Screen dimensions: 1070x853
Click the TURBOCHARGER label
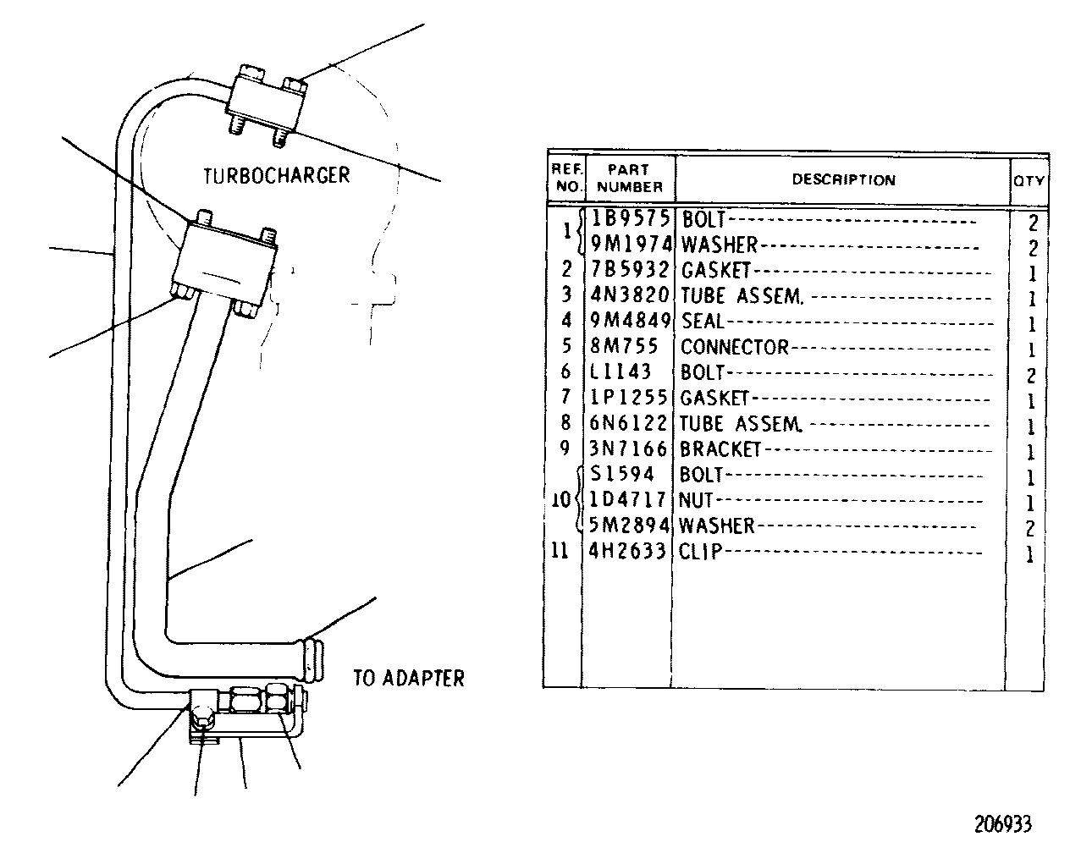pyautogui.click(x=277, y=175)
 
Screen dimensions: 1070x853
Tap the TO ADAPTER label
pyautogui.click(x=409, y=678)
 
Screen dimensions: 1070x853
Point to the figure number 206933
pyautogui.click(x=1003, y=823)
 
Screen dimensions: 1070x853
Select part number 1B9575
pyautogui.click(x=631, y=218)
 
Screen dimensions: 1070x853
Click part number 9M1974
pyautogui.click(x=631, y=244)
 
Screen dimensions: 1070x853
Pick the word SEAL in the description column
pyautogui.click(x=703, y=321)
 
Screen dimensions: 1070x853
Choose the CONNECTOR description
pyautogui.click(x=735, y=347)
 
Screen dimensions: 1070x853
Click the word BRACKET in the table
pyautogui.click(x=720, y=449)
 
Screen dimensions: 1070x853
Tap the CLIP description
pyautogui.click(x=700, y=551)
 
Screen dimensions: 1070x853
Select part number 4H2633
pyautogui.click(x=627, y=551)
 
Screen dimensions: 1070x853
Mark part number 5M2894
pyautogui.click(x=629, y=525)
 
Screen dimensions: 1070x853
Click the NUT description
pyautogui.click(x=696, y=500)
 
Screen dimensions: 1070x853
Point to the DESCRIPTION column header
pyautogui.click(x=844, y=179)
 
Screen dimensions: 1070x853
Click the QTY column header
pyautogui.click(x=1029, y=181)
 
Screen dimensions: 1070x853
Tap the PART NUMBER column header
pyautogui.click(x=630, y=178)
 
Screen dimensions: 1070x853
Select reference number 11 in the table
pyautogui.click(x=560, y=551)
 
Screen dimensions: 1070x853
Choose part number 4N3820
pyautogui.click(x=630, y=294)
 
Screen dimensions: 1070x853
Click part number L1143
pyautogui.click(x=620, y=371)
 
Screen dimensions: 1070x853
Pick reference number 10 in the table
pyautogui.click(x=561, y=499)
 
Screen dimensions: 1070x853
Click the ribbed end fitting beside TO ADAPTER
pyautogui.click(x=312, y=661)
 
